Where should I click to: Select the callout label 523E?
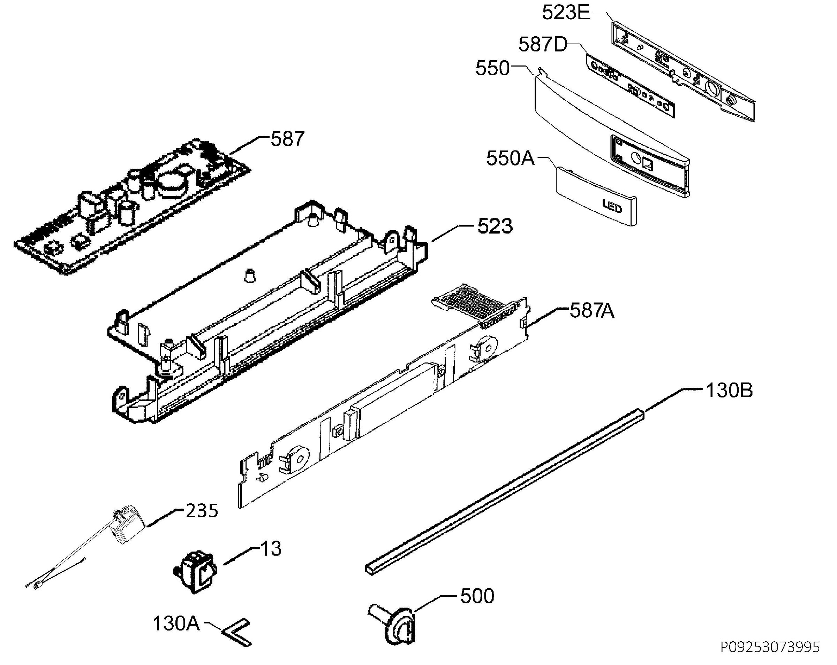pos(566,13)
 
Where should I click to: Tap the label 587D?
pos(543,45)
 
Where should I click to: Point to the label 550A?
pos(511,158)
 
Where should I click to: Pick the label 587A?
pos(592,311)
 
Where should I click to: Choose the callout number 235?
pos(202,511)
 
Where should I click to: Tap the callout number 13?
pos(271,549)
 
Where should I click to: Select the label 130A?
pos(176,624)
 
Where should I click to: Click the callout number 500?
pos(477,596)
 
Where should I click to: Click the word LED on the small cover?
pos(612,206)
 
